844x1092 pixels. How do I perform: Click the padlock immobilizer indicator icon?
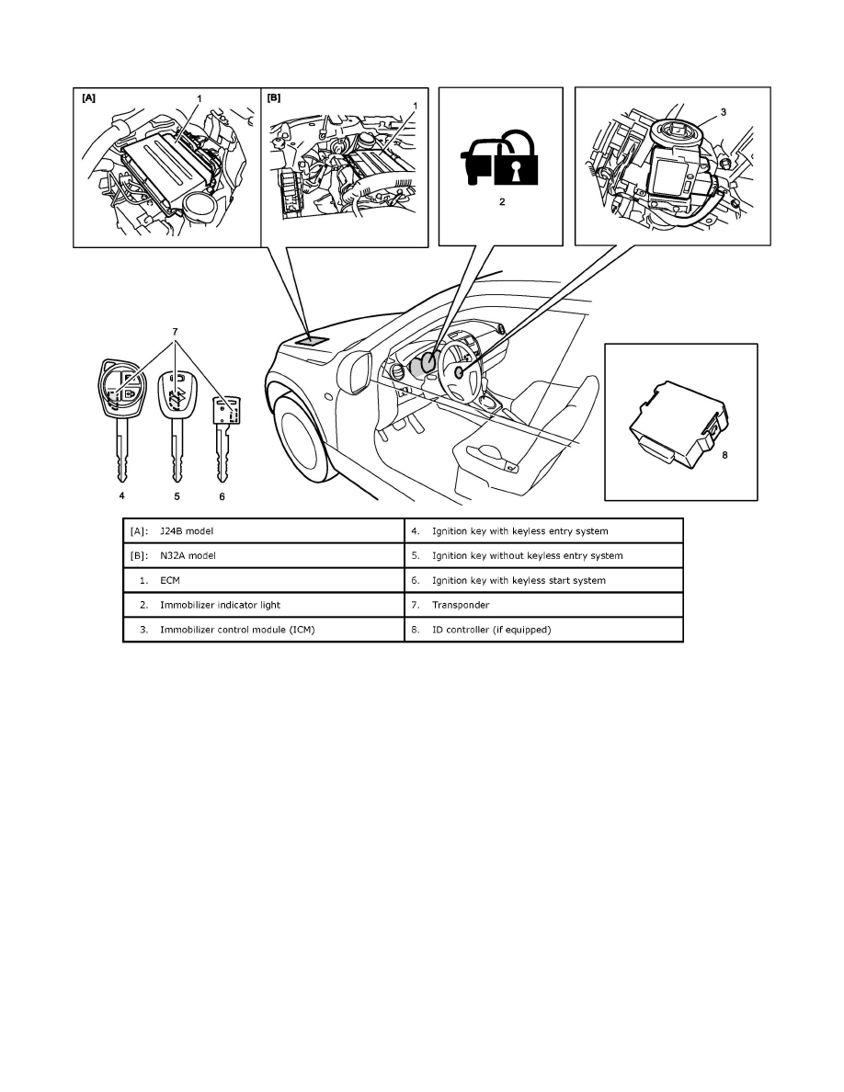(500, 157)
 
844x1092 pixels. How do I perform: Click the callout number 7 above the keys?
(176, 328)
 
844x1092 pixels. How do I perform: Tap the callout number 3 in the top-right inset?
(724, 111)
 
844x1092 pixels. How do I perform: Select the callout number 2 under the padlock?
(502, 202)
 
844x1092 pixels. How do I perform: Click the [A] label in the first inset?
(88, 97)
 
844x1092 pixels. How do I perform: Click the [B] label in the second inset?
(274, 97)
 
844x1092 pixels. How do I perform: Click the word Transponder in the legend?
(463, 605)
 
